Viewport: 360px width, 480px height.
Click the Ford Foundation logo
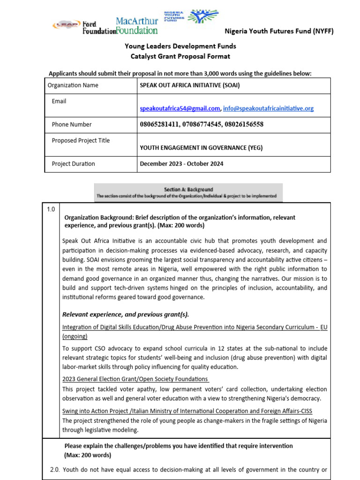pyautogui.click(x=92, y=27)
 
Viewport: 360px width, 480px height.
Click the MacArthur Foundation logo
pyautogui.click(x=136, y=26)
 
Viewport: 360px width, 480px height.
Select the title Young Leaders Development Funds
pyautogui.click(x=180, y=46)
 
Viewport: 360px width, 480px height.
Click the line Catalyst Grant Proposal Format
pyautogui.click(x=180, y=56)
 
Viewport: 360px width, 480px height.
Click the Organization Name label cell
pyautogui.click(x=73, y=85)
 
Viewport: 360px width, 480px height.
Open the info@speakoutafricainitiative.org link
pyautogui.click(x=268, y=108)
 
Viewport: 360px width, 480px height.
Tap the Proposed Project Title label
pyautogui.click(x=81, y=140)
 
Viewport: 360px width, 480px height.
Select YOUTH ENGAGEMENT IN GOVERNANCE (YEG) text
pyautogui.click(x=201, y=148)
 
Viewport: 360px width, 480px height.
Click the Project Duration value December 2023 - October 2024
pyautogui.click(x=181, y=164)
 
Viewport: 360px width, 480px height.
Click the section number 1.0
pyautogui.click(x=51, y=210)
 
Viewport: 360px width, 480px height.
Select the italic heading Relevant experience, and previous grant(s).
pyautogui.click(x=126, y=314)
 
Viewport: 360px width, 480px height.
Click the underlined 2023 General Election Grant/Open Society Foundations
pyautogui.click(x=135, y=379)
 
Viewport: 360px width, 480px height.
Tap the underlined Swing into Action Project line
pyautogui.click(x=187, y=411)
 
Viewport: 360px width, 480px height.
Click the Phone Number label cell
pyautogui.click(x=72, y=124)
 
